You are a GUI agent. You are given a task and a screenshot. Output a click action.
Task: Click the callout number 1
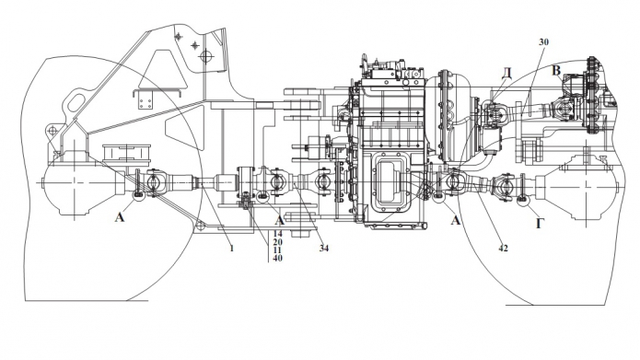point(232,248)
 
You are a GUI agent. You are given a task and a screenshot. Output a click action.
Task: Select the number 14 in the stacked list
point(278,234)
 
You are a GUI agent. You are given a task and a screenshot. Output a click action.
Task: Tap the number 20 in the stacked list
point(278,242)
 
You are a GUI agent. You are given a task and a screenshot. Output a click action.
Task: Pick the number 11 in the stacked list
point(278,250)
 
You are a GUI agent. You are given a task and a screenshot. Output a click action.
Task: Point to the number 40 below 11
point(278,258)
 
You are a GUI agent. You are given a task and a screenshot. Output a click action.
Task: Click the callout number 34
point(323,248)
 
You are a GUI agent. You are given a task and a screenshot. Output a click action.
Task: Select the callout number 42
point(504,248)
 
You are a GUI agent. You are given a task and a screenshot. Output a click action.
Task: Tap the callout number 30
point(543,41)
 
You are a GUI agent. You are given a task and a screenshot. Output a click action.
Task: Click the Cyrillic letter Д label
point(506,74)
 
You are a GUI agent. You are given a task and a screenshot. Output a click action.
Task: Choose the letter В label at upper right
point(556,70)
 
